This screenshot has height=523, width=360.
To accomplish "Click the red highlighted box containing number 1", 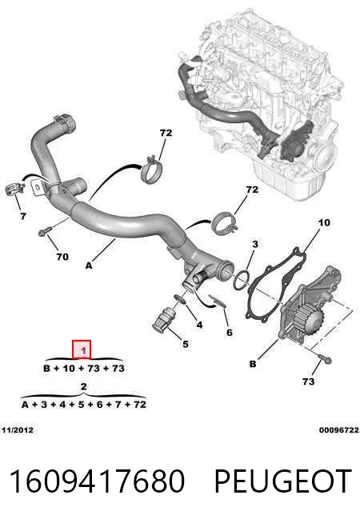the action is (x=82, y=349).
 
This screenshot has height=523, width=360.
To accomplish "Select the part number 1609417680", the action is (x=97, y=481).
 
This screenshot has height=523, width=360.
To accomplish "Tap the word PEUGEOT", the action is (x=283, y=481).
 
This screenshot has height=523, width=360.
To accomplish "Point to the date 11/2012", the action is (x=18, y=430).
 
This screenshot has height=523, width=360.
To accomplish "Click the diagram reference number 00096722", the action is (x=339, y=430).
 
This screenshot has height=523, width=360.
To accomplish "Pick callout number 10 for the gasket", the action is (x=324, y=222).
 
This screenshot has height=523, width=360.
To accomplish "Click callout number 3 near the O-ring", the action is (x=255, y=244).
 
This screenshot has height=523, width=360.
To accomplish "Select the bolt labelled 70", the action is (x=45, y=231).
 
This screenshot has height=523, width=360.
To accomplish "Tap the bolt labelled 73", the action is (x=325, y=360).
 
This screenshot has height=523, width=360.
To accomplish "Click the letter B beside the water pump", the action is (x=253, y=364).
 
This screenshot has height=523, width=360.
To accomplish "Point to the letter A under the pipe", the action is (x=89, y=265).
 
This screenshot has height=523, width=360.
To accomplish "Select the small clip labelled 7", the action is (x=14, y=190).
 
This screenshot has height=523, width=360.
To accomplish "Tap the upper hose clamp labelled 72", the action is (x=151, y=170).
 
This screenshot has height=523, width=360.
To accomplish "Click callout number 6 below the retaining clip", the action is (x=230, y=332).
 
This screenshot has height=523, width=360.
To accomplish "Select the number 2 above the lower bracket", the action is (x=83, y=386).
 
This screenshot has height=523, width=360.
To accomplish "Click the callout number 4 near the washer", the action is (x=199, y=324).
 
